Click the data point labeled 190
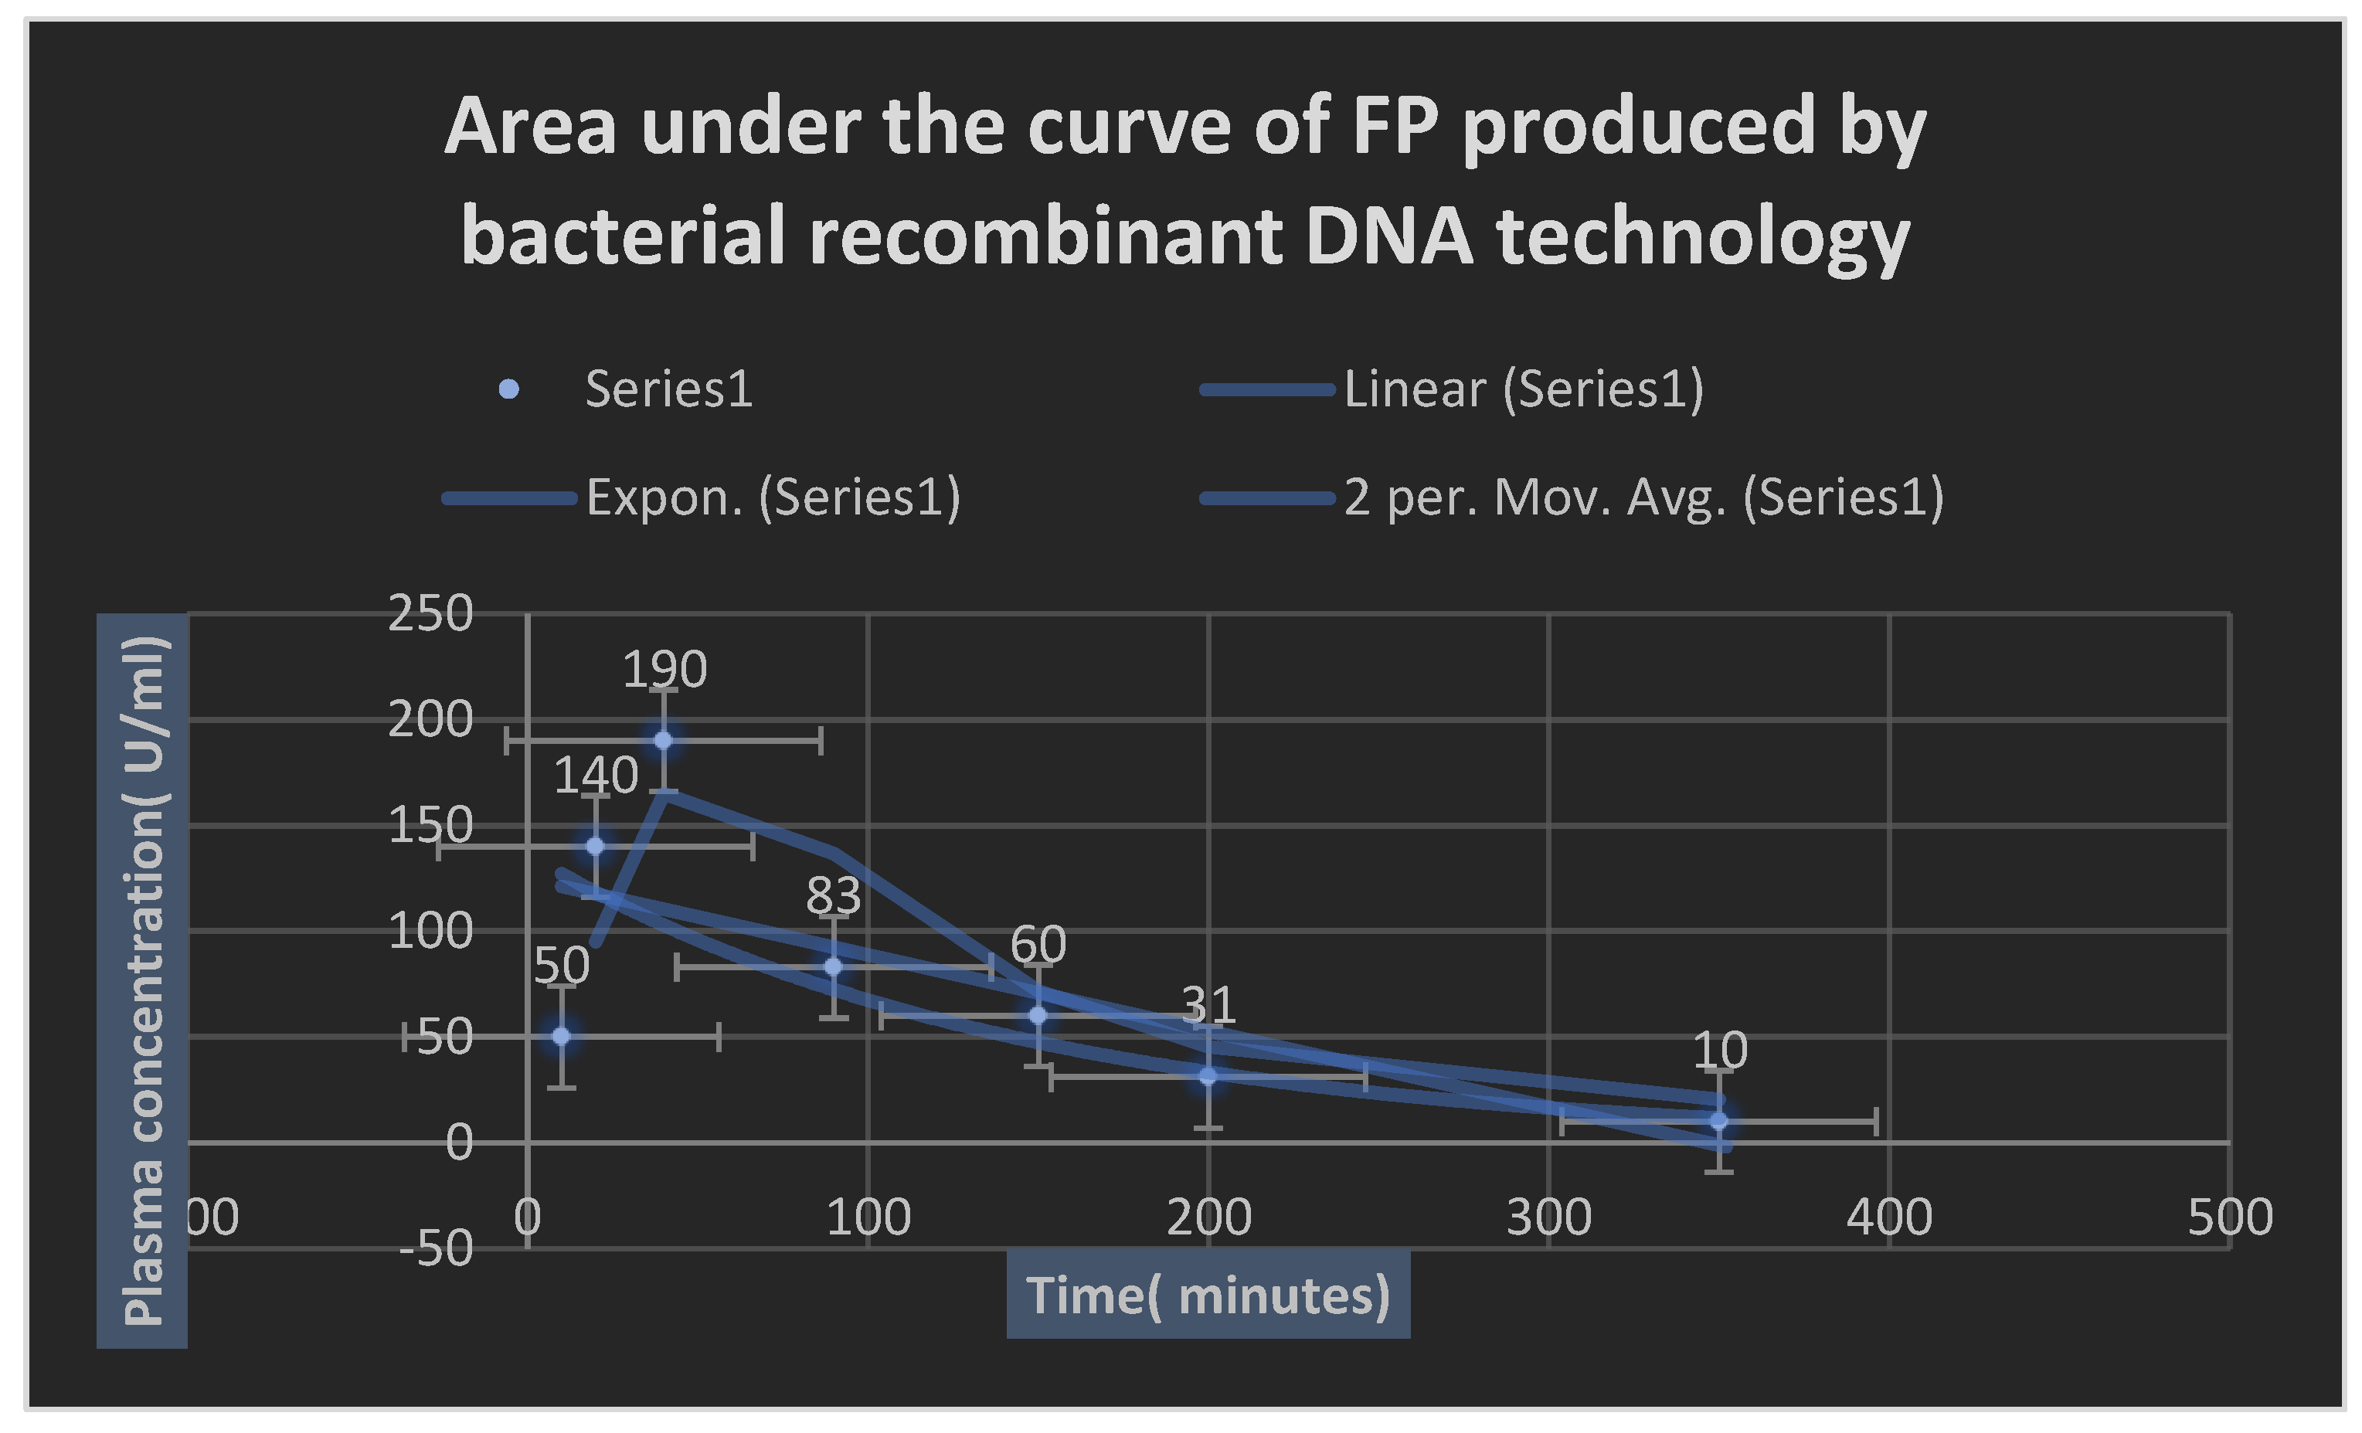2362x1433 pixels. (662, 740)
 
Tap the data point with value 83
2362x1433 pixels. (833, 967)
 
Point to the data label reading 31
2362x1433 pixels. (1208, 1004)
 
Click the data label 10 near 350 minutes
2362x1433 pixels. (1720, 1051)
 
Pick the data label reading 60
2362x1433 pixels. (1038, 945)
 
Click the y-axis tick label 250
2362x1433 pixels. (430, 613)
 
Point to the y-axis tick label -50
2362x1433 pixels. (437, 1249)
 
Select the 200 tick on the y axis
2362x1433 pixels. (430, 720)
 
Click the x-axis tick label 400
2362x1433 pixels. (1889, 1218)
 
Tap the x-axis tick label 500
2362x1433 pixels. (2230, 1218)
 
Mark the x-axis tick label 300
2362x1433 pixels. (1549, 1218)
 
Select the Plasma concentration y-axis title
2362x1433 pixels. (142, 980)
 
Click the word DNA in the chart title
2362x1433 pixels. (1389, 236)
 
